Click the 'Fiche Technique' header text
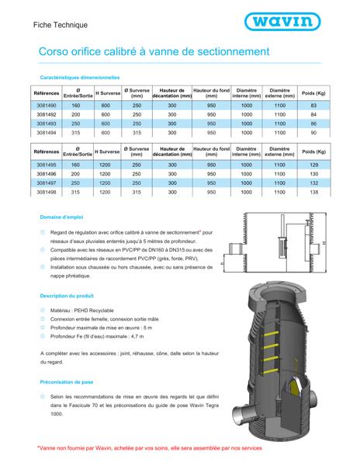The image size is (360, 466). coord(61,25)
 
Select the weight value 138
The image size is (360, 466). coord(313,192)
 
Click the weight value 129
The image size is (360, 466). coord(313,164)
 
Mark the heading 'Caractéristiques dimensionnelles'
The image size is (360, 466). coord(79,78)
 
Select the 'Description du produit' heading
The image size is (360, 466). coord(67,296)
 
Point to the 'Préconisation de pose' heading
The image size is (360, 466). coord(66,381)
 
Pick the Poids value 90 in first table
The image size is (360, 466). coord(313,132)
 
